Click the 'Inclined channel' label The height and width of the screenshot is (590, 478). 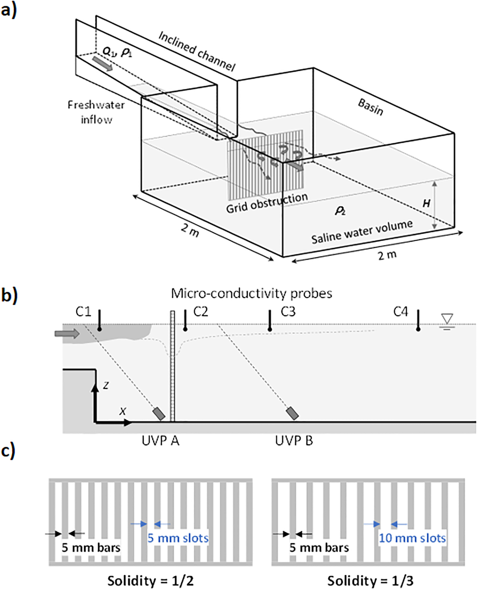(x=197, y=51)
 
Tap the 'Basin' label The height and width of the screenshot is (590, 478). (x=370, y=107)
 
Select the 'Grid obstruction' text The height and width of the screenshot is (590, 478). (x=266, y=203)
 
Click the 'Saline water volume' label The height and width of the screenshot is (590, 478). (x=362, y=232)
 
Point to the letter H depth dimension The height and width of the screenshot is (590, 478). (x=426, y=203)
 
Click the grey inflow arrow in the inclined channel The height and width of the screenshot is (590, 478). (x=102, y=64)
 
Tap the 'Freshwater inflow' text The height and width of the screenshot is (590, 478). (x=96, y=112)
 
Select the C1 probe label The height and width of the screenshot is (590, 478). (x=83, y=312)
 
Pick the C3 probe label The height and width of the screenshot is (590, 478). (x=288, y=312)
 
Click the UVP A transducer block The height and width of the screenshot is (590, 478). (x=159, y=414)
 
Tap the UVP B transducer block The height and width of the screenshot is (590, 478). (x=292, y=413)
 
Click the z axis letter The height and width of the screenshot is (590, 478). (x=106, y=385)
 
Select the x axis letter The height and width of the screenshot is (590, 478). (x=123, y=411)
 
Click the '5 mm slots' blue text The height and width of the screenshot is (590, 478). (x=178, y=538)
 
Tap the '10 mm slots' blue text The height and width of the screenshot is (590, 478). (x=412, y=538)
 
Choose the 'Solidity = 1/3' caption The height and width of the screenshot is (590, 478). (x=370, y=581)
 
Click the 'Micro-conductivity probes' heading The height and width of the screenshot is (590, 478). (x=251, y=293)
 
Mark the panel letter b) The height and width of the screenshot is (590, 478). (x=9, y=295)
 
